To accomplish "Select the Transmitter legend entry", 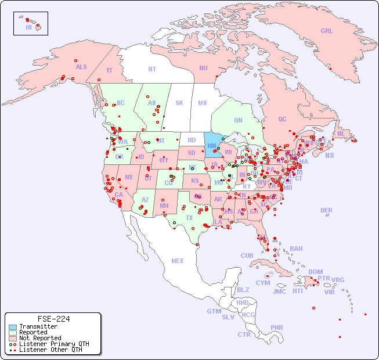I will click(38, 326).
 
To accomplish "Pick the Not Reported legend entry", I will click(39, 338).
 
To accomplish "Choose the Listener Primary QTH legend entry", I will click(53, 344).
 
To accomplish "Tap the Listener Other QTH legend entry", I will click(50, 350).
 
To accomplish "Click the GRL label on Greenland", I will click(327, 31).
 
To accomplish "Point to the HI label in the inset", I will click(28, 27).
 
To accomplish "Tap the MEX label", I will click(177, 261).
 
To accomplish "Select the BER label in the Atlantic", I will click(326, 210).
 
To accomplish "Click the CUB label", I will click(247, 255).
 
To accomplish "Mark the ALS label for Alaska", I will click(81, 67).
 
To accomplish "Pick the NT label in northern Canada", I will click(151, 69).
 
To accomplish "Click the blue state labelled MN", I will click(212, 146).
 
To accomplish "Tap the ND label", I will click(192, 140).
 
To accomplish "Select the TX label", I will click(189, 218).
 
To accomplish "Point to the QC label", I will click(282, 119).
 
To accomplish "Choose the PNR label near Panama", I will click(277, 327).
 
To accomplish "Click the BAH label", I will click(296, 249).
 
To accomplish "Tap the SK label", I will click(179, 103).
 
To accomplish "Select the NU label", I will click(203, 68).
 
